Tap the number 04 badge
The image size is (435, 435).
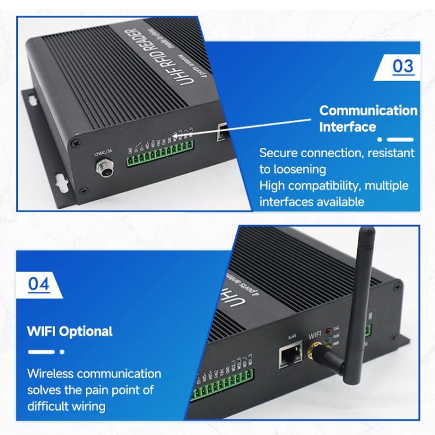39,284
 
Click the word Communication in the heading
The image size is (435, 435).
368,110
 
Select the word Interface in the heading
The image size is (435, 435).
347,126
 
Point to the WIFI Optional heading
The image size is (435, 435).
70,332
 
